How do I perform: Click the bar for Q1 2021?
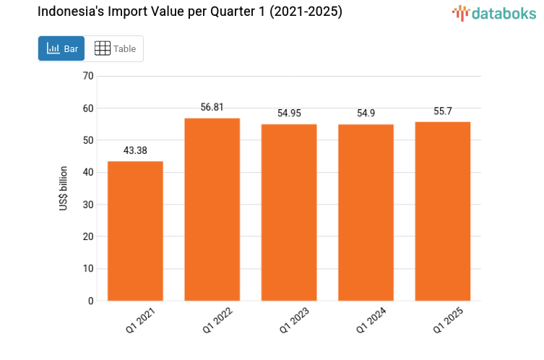135,231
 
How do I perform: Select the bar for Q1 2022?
212,209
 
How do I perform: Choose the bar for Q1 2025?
442,211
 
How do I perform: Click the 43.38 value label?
135,150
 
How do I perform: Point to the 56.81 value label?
212,107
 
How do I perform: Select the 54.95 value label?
289,113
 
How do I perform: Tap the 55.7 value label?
442,111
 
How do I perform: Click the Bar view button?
61,48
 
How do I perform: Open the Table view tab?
115,48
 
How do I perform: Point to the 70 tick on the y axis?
88,76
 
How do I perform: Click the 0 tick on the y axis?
90,301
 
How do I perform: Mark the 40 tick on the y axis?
88,172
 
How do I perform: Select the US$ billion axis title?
64,189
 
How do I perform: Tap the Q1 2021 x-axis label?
139,320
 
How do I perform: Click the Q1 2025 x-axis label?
447,320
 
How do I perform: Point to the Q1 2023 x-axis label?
293,320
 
